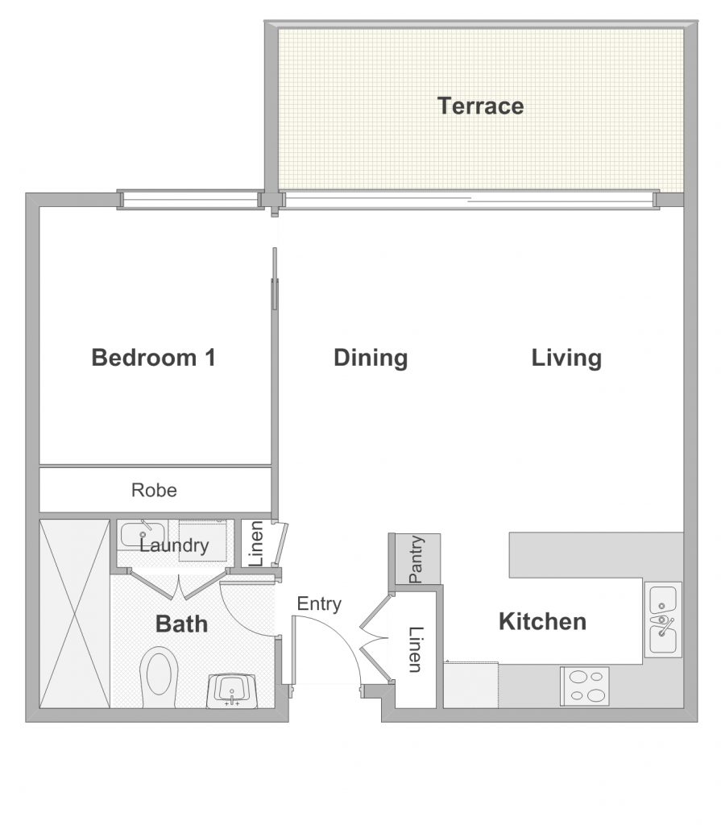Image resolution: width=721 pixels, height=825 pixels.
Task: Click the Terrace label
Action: click(x=480, y=106)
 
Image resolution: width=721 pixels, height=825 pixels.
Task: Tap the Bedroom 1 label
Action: click(x=154, y=357)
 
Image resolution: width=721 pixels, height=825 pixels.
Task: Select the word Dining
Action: click(x=371, y=358)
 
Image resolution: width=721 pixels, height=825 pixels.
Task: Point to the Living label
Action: click(x=566, y=358)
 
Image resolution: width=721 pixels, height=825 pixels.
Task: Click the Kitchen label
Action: click(x=542, y=621)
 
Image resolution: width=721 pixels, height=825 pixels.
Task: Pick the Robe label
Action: click(x=154, y=490)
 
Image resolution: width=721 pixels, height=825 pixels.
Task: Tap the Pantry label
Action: click(x=416, y=559)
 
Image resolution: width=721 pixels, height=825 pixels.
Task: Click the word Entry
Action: click(x=319, y=604)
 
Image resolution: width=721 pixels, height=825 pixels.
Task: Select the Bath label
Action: click(x=181, y=624)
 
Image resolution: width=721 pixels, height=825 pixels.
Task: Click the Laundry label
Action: click(x=174, y=545)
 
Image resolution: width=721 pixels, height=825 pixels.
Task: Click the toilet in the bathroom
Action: click(x=159, y=677)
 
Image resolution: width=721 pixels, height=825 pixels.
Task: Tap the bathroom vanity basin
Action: click(x=231, y=690)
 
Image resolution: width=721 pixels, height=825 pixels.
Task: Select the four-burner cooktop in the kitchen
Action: click(x=585, y=686)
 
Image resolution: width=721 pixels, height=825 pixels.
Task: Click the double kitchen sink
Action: click(x=662, y=620)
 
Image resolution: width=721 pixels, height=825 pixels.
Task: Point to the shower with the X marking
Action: click(x=75, y=613)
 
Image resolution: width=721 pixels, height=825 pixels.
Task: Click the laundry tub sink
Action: click(x=141, y=535)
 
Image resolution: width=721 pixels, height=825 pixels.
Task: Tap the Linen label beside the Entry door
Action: click(x=416, y=650)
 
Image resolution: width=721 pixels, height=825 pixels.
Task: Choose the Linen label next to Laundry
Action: click(x=255, y=544)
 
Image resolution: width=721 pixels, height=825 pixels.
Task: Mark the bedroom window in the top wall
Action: click(x=190, y=201)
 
